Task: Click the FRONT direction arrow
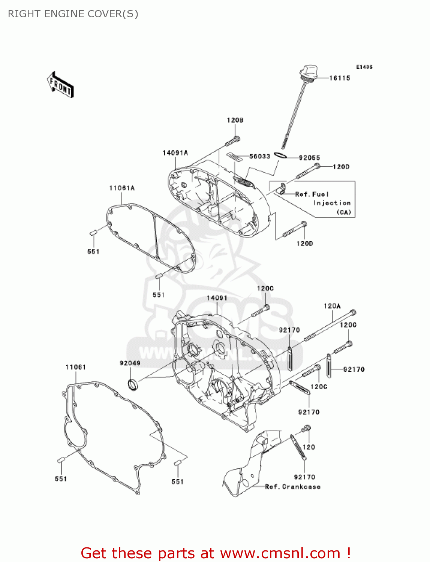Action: [60, 85]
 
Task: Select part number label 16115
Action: [340, 78]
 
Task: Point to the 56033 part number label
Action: [259, 156]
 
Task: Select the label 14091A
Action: [175, 153]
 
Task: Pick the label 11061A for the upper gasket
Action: [122, 188]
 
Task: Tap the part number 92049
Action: [130, 363]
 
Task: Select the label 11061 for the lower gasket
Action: [76, 367]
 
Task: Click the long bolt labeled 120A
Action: [330, 325]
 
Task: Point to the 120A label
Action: [332, 306]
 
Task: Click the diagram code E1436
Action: [364, 67]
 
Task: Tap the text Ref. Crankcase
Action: [292, 487]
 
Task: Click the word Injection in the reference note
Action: [332, 203]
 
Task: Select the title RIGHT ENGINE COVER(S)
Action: [73, 14]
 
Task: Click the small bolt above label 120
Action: [307, 428]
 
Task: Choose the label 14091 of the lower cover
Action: [217, 298]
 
